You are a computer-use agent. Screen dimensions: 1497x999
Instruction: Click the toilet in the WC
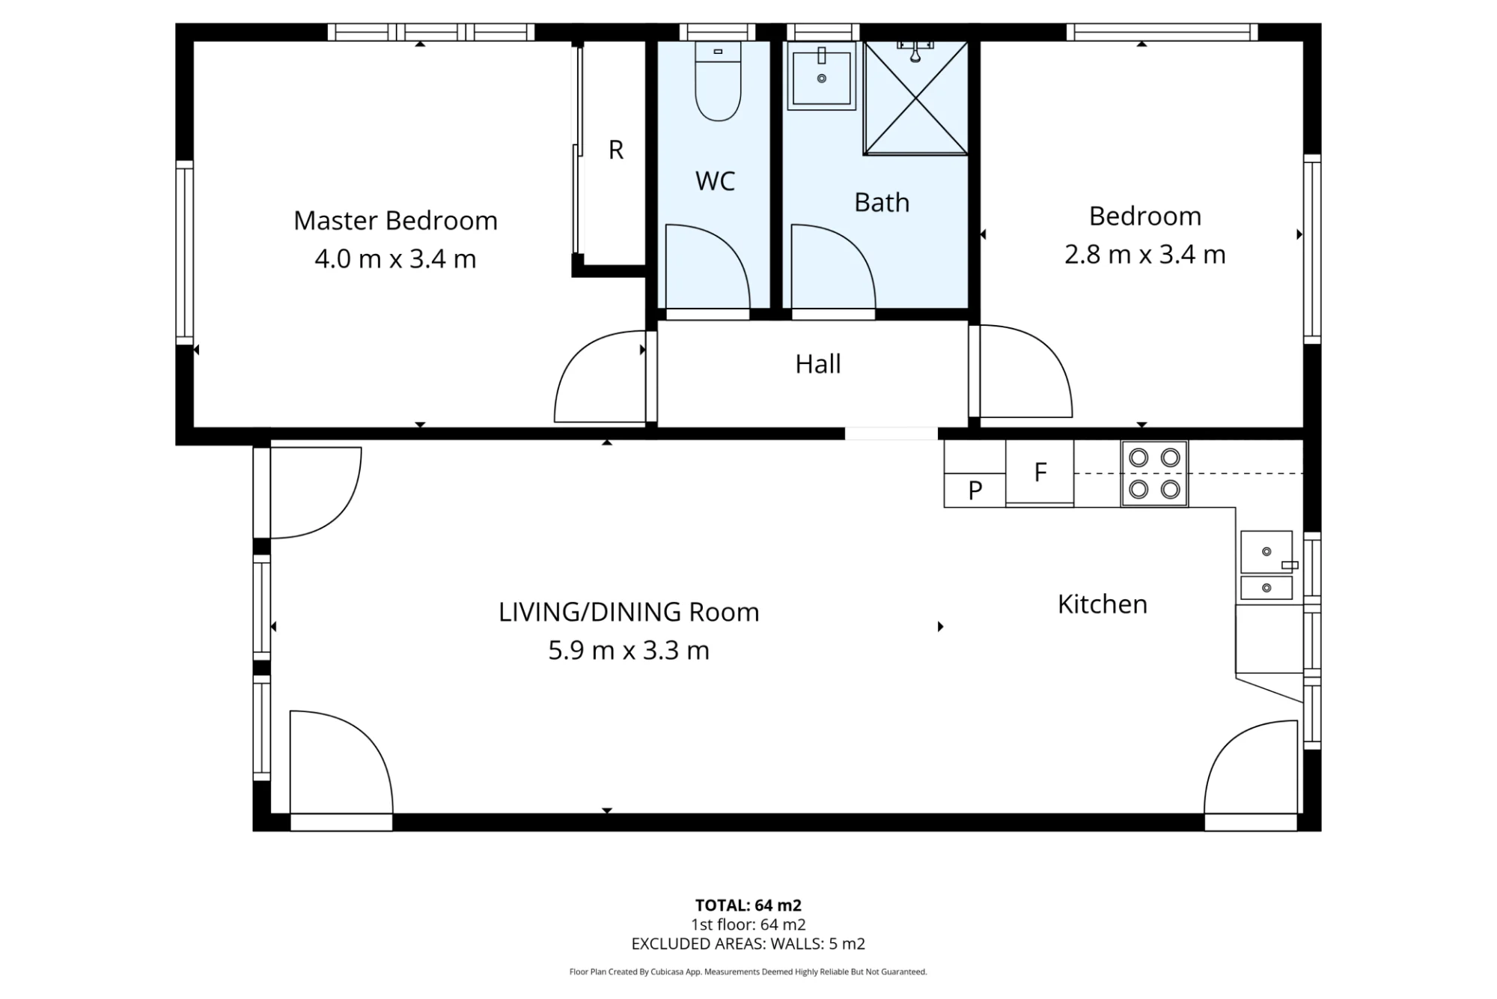[x=718, y=81]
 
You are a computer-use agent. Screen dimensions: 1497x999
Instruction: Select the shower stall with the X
[x=915, y=98]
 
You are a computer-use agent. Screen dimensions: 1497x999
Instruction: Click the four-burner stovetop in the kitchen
[x=1154, y=474]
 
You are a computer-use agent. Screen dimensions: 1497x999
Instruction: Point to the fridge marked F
[x=1040, y=473]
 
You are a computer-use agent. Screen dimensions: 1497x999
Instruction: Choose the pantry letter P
[x=975, y=491]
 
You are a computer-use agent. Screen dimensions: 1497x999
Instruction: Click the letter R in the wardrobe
[x=616, y=150]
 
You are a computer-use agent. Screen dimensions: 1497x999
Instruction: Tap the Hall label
[x=818, y=364]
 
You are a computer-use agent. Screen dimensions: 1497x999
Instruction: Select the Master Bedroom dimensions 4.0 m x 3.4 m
[x=395, y=259]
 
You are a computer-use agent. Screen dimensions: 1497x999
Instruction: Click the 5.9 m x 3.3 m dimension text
[x=629, y=650]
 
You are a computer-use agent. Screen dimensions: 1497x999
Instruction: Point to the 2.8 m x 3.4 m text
[x=1145, y=255]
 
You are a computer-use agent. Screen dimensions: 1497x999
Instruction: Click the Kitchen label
[x=1103, y=604]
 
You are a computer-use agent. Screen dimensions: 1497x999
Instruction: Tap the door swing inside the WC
[x=708, y=267]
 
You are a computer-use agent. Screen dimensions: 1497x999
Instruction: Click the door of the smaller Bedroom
[x=1026, y=371]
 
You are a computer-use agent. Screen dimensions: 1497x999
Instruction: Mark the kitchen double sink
[x=1266, y=565]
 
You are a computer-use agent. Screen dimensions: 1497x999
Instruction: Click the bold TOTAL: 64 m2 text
[x=748, y=905]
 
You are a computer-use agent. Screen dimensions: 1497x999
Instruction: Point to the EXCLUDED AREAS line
[x=748, y=944]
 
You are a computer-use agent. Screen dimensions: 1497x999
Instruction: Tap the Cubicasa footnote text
[x=748, y=972]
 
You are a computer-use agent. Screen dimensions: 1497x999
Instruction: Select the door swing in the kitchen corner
[x=1251, y=767]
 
